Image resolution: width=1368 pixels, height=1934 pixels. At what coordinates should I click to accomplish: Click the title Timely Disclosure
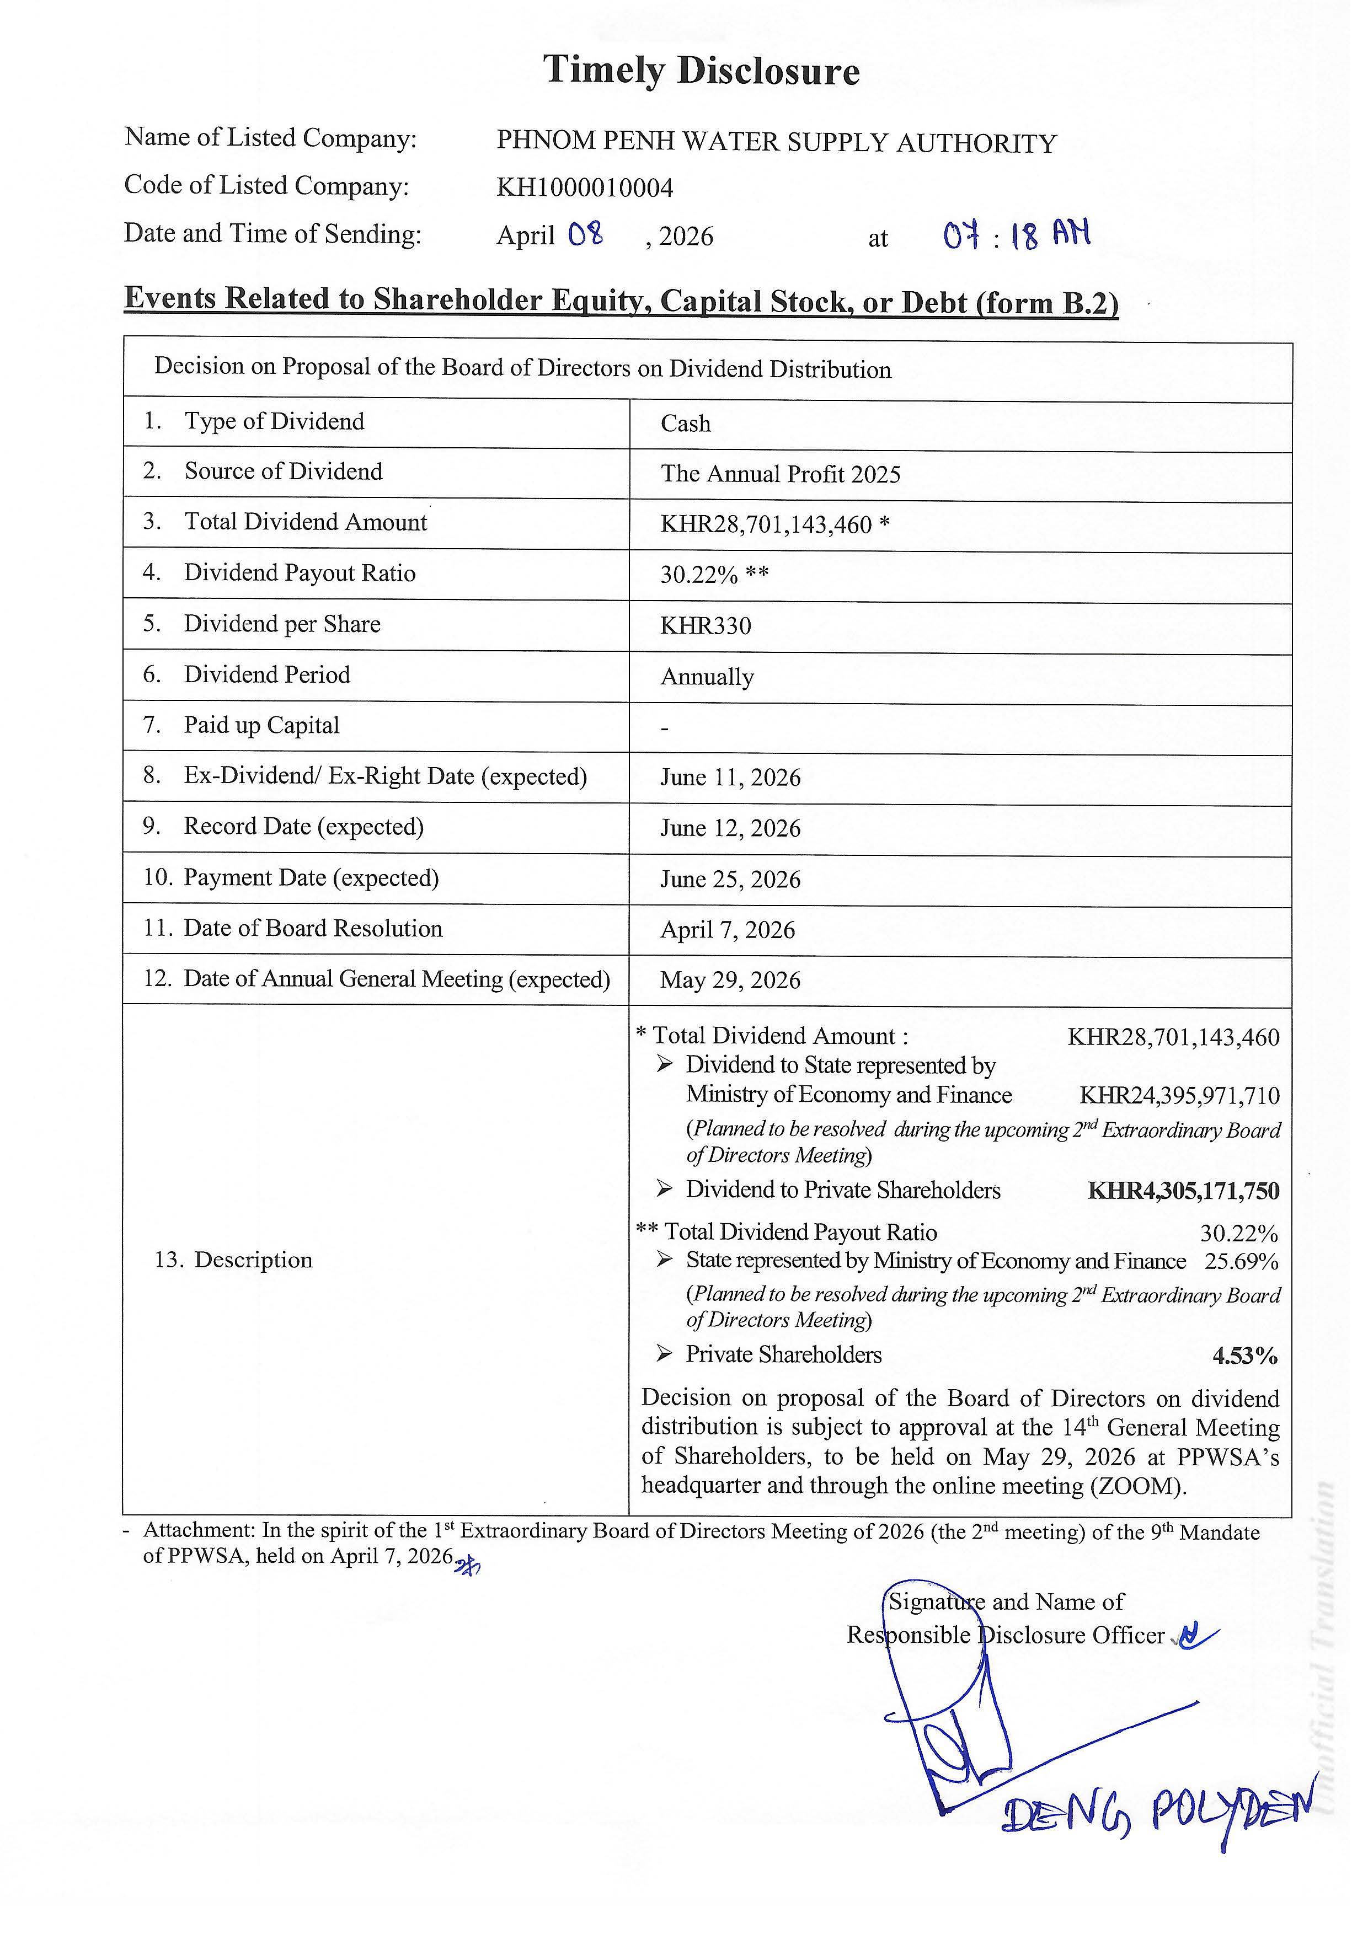(701, 70)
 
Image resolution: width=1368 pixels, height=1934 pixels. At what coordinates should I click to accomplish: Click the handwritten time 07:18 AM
(1017, 235)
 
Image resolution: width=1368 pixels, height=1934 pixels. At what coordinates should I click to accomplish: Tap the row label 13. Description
(233, 1260)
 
